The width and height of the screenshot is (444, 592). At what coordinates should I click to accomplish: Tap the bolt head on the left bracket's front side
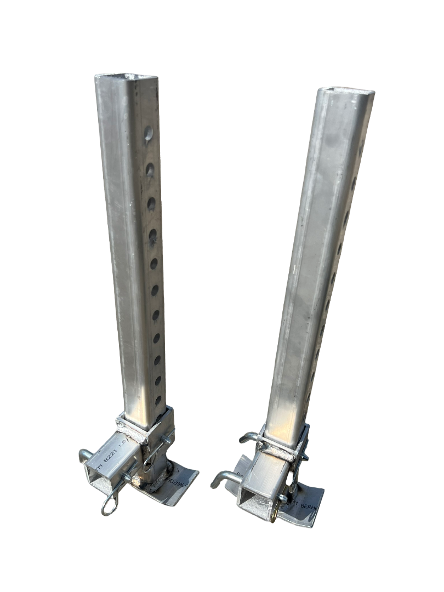point(128,479)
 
